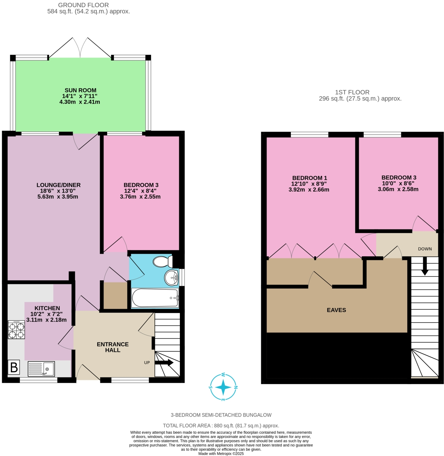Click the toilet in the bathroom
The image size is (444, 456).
tap(162, 262)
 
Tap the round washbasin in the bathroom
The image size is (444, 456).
tap(172, 278)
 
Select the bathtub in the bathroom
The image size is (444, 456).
tap(155, 298)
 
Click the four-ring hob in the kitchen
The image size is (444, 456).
tap(16, 330)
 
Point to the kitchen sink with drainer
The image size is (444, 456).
tap(41, 369)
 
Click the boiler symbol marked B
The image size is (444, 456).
tap(14, 367)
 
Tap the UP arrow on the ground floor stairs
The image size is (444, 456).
tap(164, 363)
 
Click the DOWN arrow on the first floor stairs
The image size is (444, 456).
tap(425, 266)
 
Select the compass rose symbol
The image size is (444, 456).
tap(223, 387)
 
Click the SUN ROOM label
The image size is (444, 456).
tap(80, 90)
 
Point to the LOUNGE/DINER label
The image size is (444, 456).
tap(58, 185)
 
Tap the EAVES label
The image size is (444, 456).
tap(336, 310)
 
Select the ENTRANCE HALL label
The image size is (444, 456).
tap(113, 347)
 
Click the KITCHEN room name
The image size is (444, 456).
tap(47, 308)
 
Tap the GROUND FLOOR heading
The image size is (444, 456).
tap(83, 5)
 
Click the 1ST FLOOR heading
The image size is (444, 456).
tap(352, 92)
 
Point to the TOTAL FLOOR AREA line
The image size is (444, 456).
tap(221, 426)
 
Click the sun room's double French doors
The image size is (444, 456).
tap(81, 48)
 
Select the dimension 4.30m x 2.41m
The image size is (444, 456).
tap(80, 102)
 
